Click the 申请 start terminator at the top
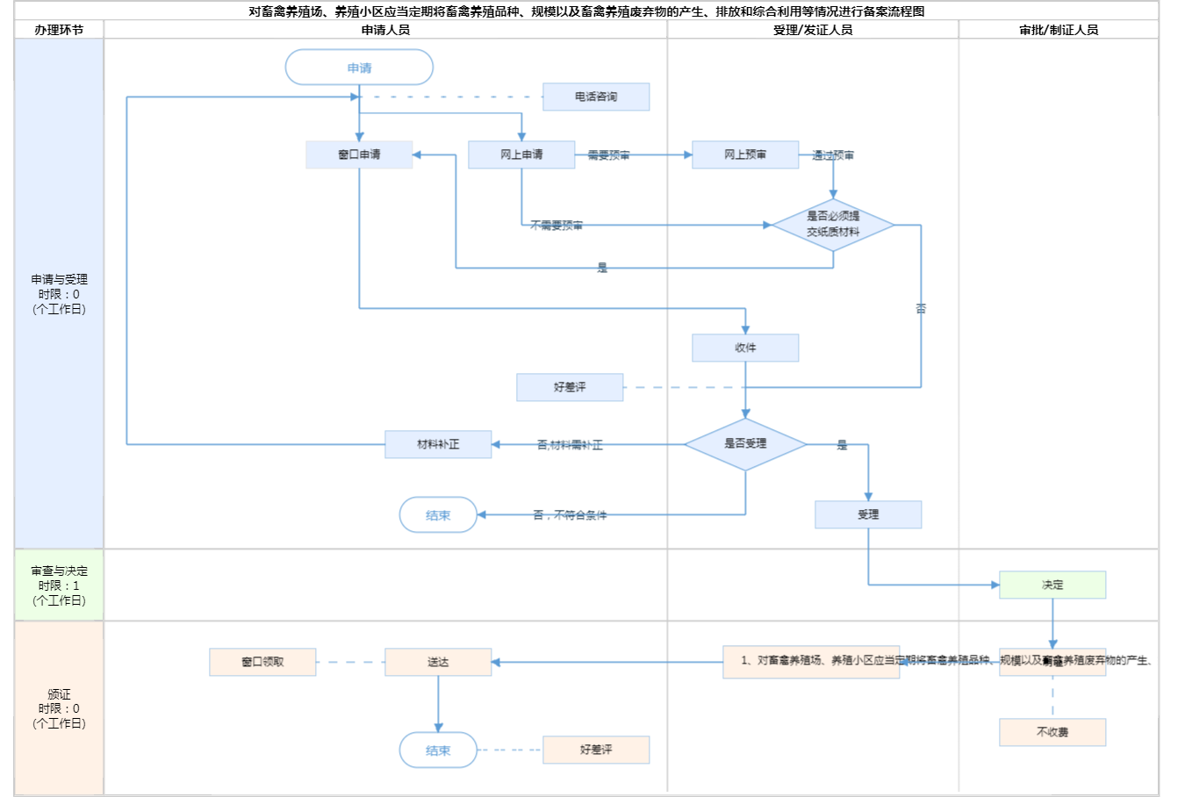click(x=359, y=68)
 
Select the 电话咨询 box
click(x=596, y=97)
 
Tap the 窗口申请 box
click(x=359, y=154)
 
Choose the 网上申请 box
click(x=521, y=154)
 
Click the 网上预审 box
click(x=745, y=154)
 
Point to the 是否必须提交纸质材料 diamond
click(x=833, y=225)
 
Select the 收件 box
click(x=745, y=348)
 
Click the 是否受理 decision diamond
click(x=745, y=444)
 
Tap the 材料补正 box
click(x=438, y=444)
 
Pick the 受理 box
click(x=868, y=514)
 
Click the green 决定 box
click(x=1052, y=585)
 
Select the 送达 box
click(x=438, y=662)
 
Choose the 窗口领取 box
click(x=262, y=662)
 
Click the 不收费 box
click(x=1052, y=732)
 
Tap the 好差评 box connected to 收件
click(x=570, y=387)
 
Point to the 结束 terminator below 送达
click(x=438, y=750)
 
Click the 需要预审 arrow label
click(x=608, y=155)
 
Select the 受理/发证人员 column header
click(x=813, y=30)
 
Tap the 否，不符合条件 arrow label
click(x=570, y=515)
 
